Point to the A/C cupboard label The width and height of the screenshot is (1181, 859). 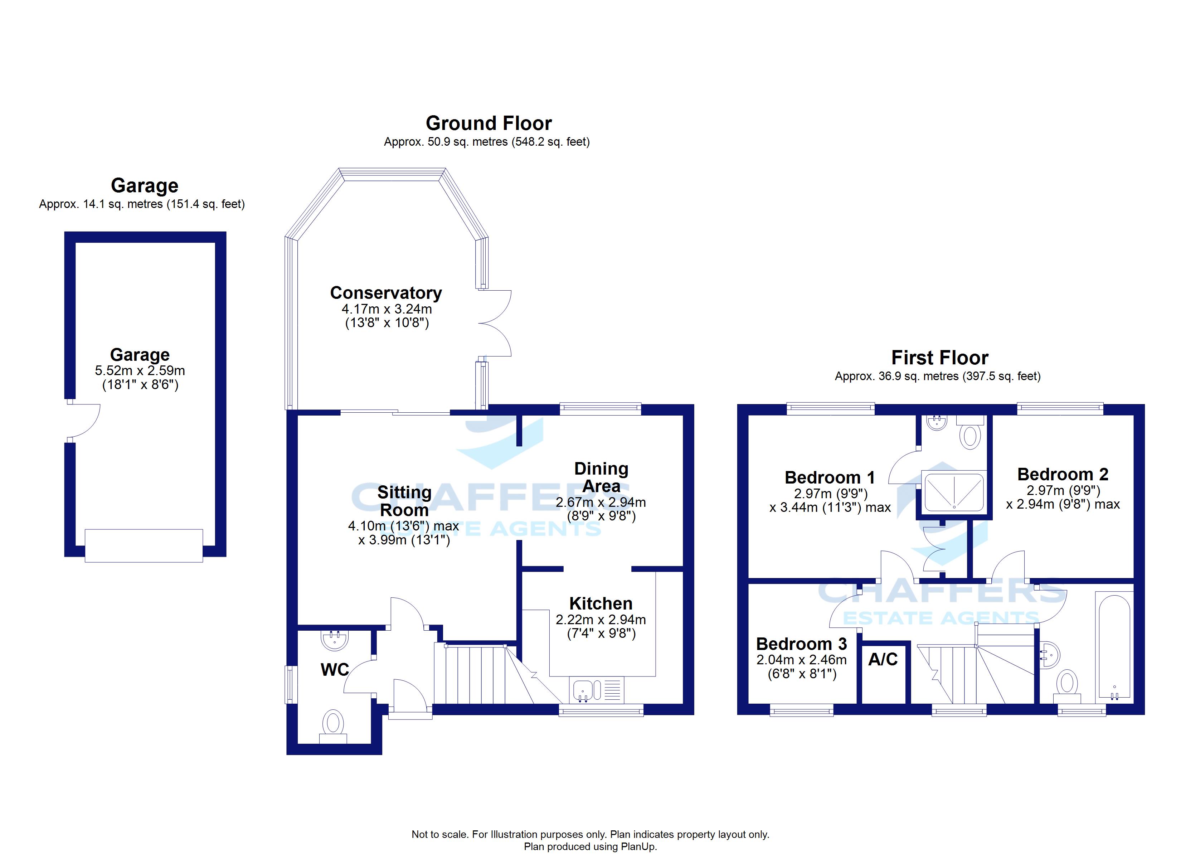pos(883,660)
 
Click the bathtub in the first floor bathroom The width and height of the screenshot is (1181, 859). pos(1114,646)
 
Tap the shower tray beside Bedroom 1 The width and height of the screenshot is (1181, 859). pos(954,491)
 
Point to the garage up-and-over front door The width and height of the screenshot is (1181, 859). pos(144,545)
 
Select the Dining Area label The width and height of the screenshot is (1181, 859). pos(602,477)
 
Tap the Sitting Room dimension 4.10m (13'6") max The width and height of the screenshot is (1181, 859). pos(404,526)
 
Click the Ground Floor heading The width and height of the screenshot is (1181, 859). pos(489,123)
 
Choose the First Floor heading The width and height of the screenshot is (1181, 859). pos(940,358)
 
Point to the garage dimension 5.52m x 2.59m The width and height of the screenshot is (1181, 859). pos(140,371)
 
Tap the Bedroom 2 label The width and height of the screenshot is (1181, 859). pos(1063,475)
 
